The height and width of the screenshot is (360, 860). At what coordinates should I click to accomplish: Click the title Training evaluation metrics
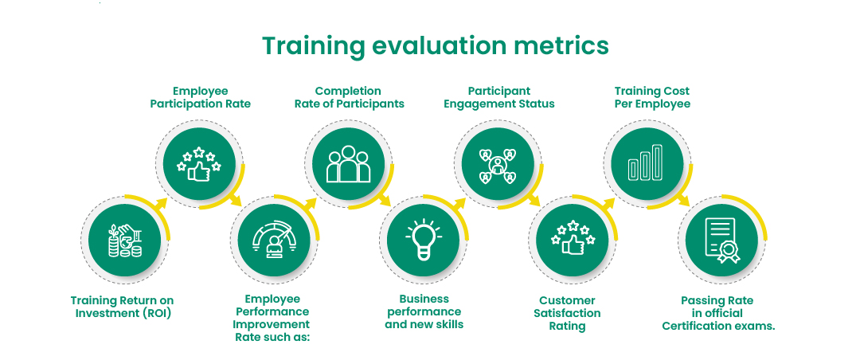(436, 46)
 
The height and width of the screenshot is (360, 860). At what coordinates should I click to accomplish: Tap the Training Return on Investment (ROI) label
(123, 307)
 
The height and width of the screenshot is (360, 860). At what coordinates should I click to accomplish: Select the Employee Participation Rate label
(200, 97)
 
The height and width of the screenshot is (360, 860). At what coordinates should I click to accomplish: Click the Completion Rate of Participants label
(349, 97)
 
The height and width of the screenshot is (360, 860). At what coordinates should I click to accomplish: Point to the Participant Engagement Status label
(498, 97)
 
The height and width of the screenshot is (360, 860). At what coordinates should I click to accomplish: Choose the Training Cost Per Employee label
(652, 97)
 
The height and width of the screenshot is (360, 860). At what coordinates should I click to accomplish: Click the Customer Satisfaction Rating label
(567, 313)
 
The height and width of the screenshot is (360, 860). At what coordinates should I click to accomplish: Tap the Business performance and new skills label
(424, 311)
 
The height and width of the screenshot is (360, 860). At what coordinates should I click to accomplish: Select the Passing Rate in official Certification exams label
(718, 313)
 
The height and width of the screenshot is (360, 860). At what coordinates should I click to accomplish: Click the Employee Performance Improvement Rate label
(272, 318)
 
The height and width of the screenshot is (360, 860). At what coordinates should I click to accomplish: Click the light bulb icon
(424, 239)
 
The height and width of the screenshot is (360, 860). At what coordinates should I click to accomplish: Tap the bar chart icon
(645, 162)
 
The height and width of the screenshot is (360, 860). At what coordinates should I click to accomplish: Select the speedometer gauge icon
(272, 240)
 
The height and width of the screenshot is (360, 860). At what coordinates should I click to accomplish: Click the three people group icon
(348, 163)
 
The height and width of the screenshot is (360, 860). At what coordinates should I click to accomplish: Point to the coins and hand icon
(124, 241)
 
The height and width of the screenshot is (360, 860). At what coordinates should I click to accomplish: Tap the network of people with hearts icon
(498, 165)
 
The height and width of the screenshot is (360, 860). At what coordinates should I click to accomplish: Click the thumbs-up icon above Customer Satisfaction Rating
(573, 239)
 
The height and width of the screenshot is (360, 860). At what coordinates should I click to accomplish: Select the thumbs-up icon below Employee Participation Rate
(198, 163)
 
